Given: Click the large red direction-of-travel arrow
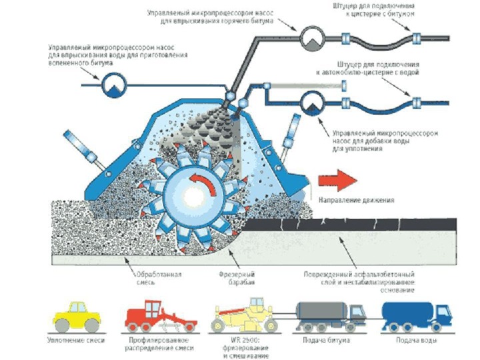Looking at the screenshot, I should click(336, 179).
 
